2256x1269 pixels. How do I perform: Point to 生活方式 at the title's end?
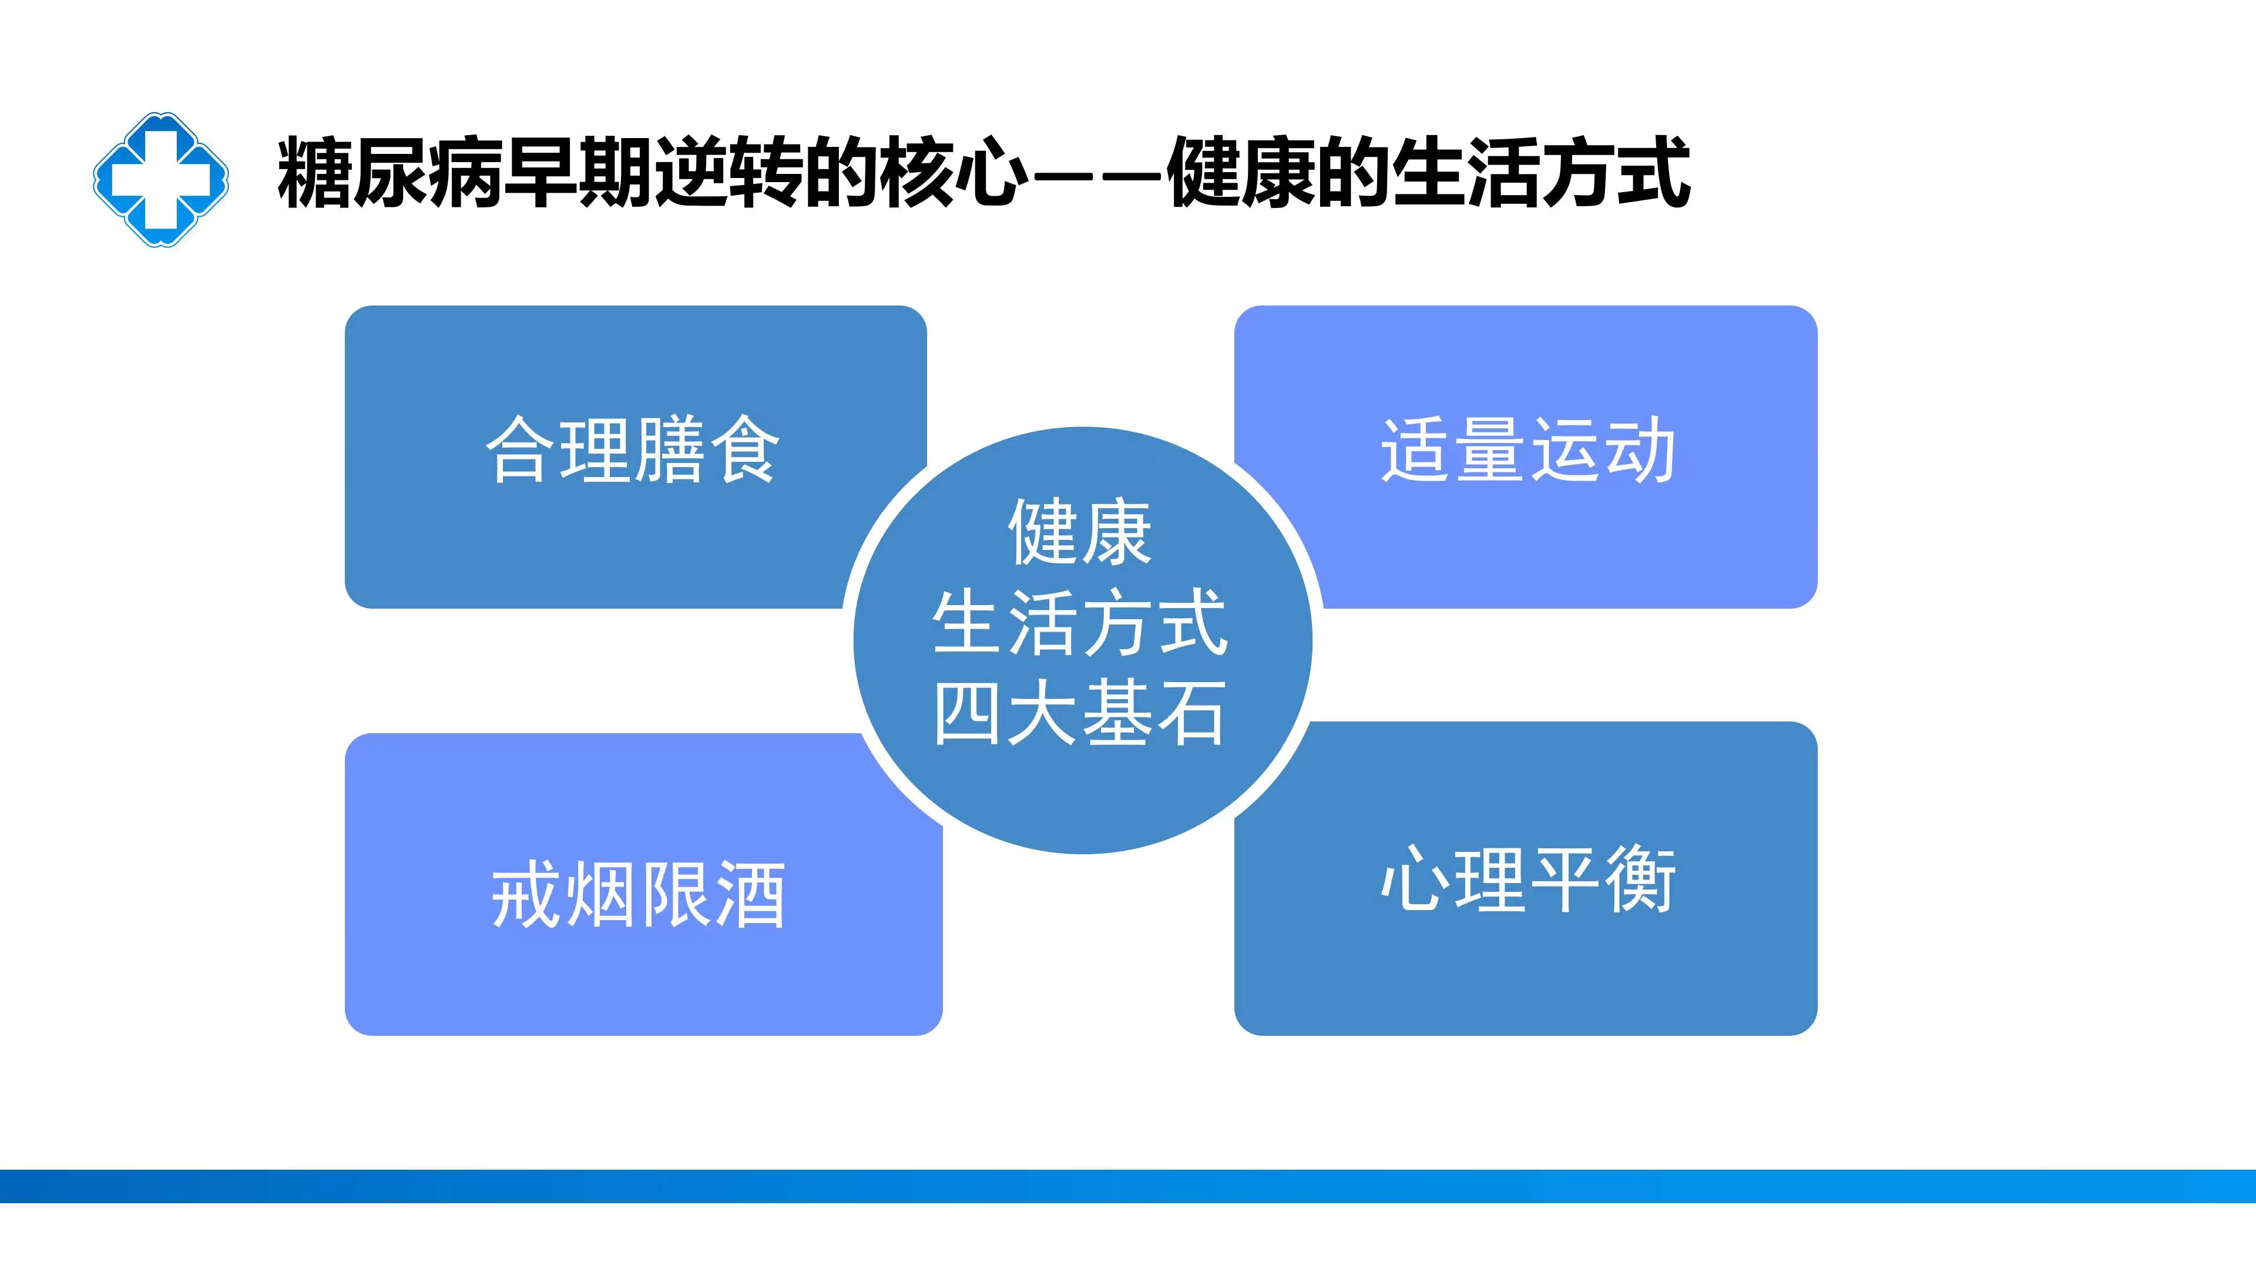click(x=1540, y=173)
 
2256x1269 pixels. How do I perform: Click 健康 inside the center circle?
click(x=1079, y=532)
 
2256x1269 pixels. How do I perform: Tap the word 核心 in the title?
click(x=955, y=173)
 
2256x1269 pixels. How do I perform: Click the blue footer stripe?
click(x=1128, y=1186)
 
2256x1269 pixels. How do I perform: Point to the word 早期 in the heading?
click(x=579, y=173)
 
